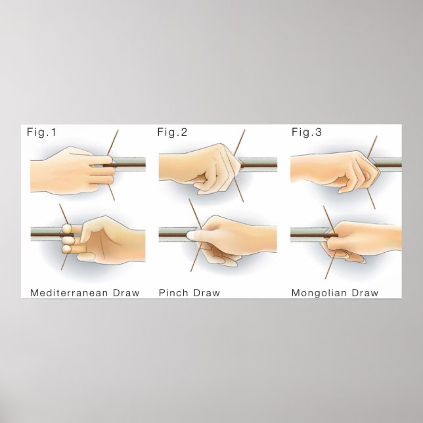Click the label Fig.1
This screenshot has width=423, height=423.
(x=42, y=132)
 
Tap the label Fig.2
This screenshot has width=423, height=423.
(x=172, y=132)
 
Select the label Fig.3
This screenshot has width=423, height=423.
(x=307, y=132)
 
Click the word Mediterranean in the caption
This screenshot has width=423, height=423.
(x=70, y=293)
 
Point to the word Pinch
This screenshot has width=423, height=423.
(x=173, y=293)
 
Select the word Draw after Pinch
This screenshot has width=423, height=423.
(x=207, y=293)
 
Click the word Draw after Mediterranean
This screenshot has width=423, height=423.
(x=126, y=293)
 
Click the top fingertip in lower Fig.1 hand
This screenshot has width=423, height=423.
(x=66, y=229)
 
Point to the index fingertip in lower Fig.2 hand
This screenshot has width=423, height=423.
(x=191, y=235)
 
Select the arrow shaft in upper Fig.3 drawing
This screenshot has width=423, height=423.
(x=388, y=165)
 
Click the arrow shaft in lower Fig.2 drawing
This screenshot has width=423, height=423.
(x=173, y=235)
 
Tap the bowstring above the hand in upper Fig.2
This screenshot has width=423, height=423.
(x=240, y=143)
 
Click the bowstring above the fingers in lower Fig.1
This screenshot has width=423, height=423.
(x=64, y=214)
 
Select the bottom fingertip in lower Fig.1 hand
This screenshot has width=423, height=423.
(x=66, y=248)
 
